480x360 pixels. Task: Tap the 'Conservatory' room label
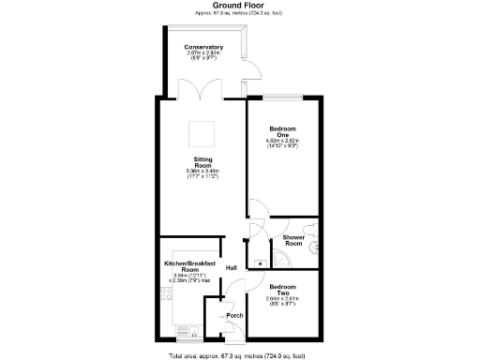[x=202, y=47]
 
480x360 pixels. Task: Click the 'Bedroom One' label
[x=282, y=131]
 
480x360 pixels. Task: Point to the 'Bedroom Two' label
[x=282, y=290]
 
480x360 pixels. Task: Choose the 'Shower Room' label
[x=296, y=241]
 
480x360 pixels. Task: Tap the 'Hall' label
[x=230, y=268]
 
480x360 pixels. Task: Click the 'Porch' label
[x=234, y=316]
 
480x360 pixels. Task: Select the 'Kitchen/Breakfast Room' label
[x=190, y=267]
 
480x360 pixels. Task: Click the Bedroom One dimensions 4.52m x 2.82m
[x=282, y=143]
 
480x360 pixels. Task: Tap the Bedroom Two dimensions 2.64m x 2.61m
[x=282, y=301]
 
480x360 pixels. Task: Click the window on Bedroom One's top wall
[x=283, y=95]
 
